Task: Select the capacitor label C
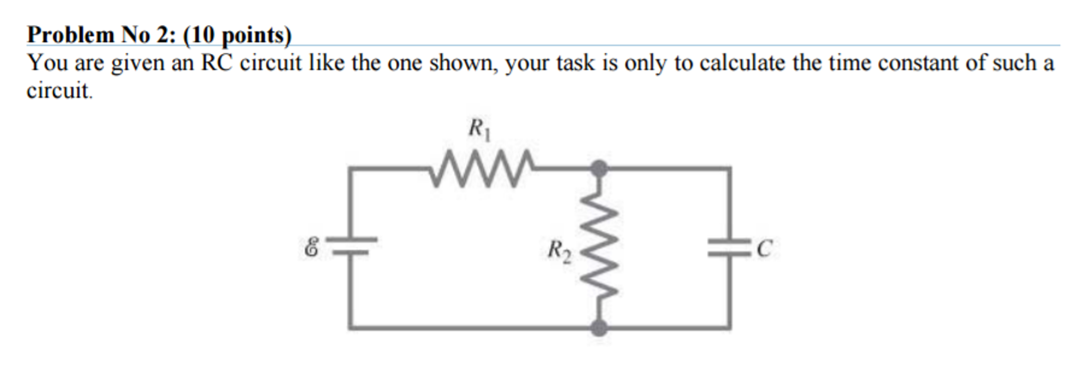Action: tap(764, 248)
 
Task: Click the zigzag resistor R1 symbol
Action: tap(482, 168)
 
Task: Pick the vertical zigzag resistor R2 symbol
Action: tap(599, 247)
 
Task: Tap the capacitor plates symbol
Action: tap(729, 247)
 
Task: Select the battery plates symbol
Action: tap(351, 246)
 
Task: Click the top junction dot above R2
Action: tap(599, 168)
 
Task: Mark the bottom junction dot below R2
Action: tap(599, 327)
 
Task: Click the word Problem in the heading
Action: tap(71, 35)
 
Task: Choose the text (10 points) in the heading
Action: tap(237, 35)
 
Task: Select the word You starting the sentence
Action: tap(47, 63)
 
